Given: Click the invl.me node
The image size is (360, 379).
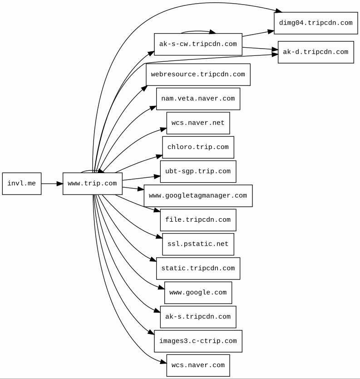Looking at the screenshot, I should tap(22, 184).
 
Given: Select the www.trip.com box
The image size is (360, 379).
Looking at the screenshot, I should tap(92, 184).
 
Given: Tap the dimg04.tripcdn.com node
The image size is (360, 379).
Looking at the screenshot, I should tap(316, 23).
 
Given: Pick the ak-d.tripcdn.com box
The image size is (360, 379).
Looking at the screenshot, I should tap(316, 52).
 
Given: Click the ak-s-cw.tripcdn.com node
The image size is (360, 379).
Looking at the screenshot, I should tap(198, 45).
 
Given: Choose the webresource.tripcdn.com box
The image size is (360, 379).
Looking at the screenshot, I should tap(198, 75).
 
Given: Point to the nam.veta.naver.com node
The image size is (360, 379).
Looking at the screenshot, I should tap(198, 99).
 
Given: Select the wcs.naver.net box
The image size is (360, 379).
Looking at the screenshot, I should tap(198, 123).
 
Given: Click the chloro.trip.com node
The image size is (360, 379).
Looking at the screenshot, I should tap(198, 147).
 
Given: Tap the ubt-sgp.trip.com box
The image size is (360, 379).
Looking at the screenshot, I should tap(198, 172).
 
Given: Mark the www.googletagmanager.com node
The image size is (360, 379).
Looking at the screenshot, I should tap(198, 196).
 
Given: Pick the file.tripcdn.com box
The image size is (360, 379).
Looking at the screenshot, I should tap(198, 220).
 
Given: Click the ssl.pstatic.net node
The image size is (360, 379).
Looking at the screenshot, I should tap(198, 244).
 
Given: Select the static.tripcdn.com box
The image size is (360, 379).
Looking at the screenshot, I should tap(198, 269).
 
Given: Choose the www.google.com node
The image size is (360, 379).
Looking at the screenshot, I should tap(198, 293).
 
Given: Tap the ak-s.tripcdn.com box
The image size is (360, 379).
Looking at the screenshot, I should tap(198, 317).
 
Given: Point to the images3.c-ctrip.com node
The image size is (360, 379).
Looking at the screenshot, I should tap(198, 341).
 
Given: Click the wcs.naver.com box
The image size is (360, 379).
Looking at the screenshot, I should tap(198, 365).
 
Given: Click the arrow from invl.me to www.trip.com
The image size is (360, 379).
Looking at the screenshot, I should tap(52, 184).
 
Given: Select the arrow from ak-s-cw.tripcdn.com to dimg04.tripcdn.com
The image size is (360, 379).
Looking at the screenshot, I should tap(258, 34).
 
